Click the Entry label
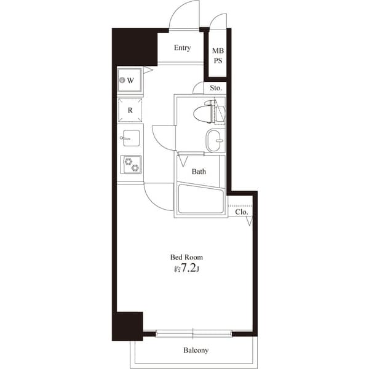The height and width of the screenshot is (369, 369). click(182, 48)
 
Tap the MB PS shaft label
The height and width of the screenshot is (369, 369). click(218, 56)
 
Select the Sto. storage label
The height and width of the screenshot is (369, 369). click(216, 88)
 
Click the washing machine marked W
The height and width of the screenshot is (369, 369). click(130, 81)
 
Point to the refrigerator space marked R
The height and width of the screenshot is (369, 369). click(130, 111)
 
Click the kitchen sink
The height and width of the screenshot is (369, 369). click(131, 138)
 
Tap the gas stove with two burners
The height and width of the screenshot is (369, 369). click(131, 164)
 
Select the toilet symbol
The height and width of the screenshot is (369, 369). click(207, 113)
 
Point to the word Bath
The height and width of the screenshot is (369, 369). click(199, 172)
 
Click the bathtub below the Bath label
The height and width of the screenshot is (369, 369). click(200, 199)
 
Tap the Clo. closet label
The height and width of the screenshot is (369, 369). click(242, 212)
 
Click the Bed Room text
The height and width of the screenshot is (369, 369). click(186, 257)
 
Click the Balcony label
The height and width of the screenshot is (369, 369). click(196, 351)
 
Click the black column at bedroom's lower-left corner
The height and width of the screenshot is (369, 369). click(128, 326)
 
